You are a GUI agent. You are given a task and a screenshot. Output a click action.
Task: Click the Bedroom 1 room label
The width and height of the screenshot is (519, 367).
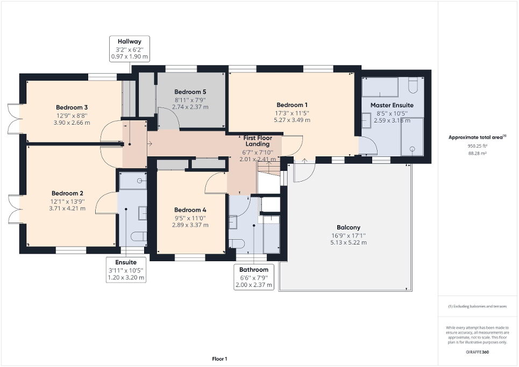(x=292, y=105)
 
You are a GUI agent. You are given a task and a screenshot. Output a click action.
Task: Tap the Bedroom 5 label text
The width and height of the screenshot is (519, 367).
(x=190, y=91)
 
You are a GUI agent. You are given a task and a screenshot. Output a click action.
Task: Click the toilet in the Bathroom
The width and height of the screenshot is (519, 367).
(x=237, y=243)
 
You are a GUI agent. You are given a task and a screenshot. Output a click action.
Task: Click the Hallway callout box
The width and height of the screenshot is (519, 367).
(x=129, y=48)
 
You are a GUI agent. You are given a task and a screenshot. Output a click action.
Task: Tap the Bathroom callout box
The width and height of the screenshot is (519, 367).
(x=254, y=277)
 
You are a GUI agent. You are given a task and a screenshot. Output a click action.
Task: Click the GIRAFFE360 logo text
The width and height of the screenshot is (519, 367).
(x=478, y=352)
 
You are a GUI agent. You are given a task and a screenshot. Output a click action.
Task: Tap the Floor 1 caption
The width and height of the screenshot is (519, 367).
(x=219, y=359)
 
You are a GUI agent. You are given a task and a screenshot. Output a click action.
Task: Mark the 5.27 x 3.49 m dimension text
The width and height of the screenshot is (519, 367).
(x=292, y=120)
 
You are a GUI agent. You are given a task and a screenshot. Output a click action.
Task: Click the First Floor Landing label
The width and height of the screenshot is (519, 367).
(x=259, y=141)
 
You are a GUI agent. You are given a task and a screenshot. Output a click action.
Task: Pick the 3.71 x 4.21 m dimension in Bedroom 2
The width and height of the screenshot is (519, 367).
(x=67, y=208)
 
